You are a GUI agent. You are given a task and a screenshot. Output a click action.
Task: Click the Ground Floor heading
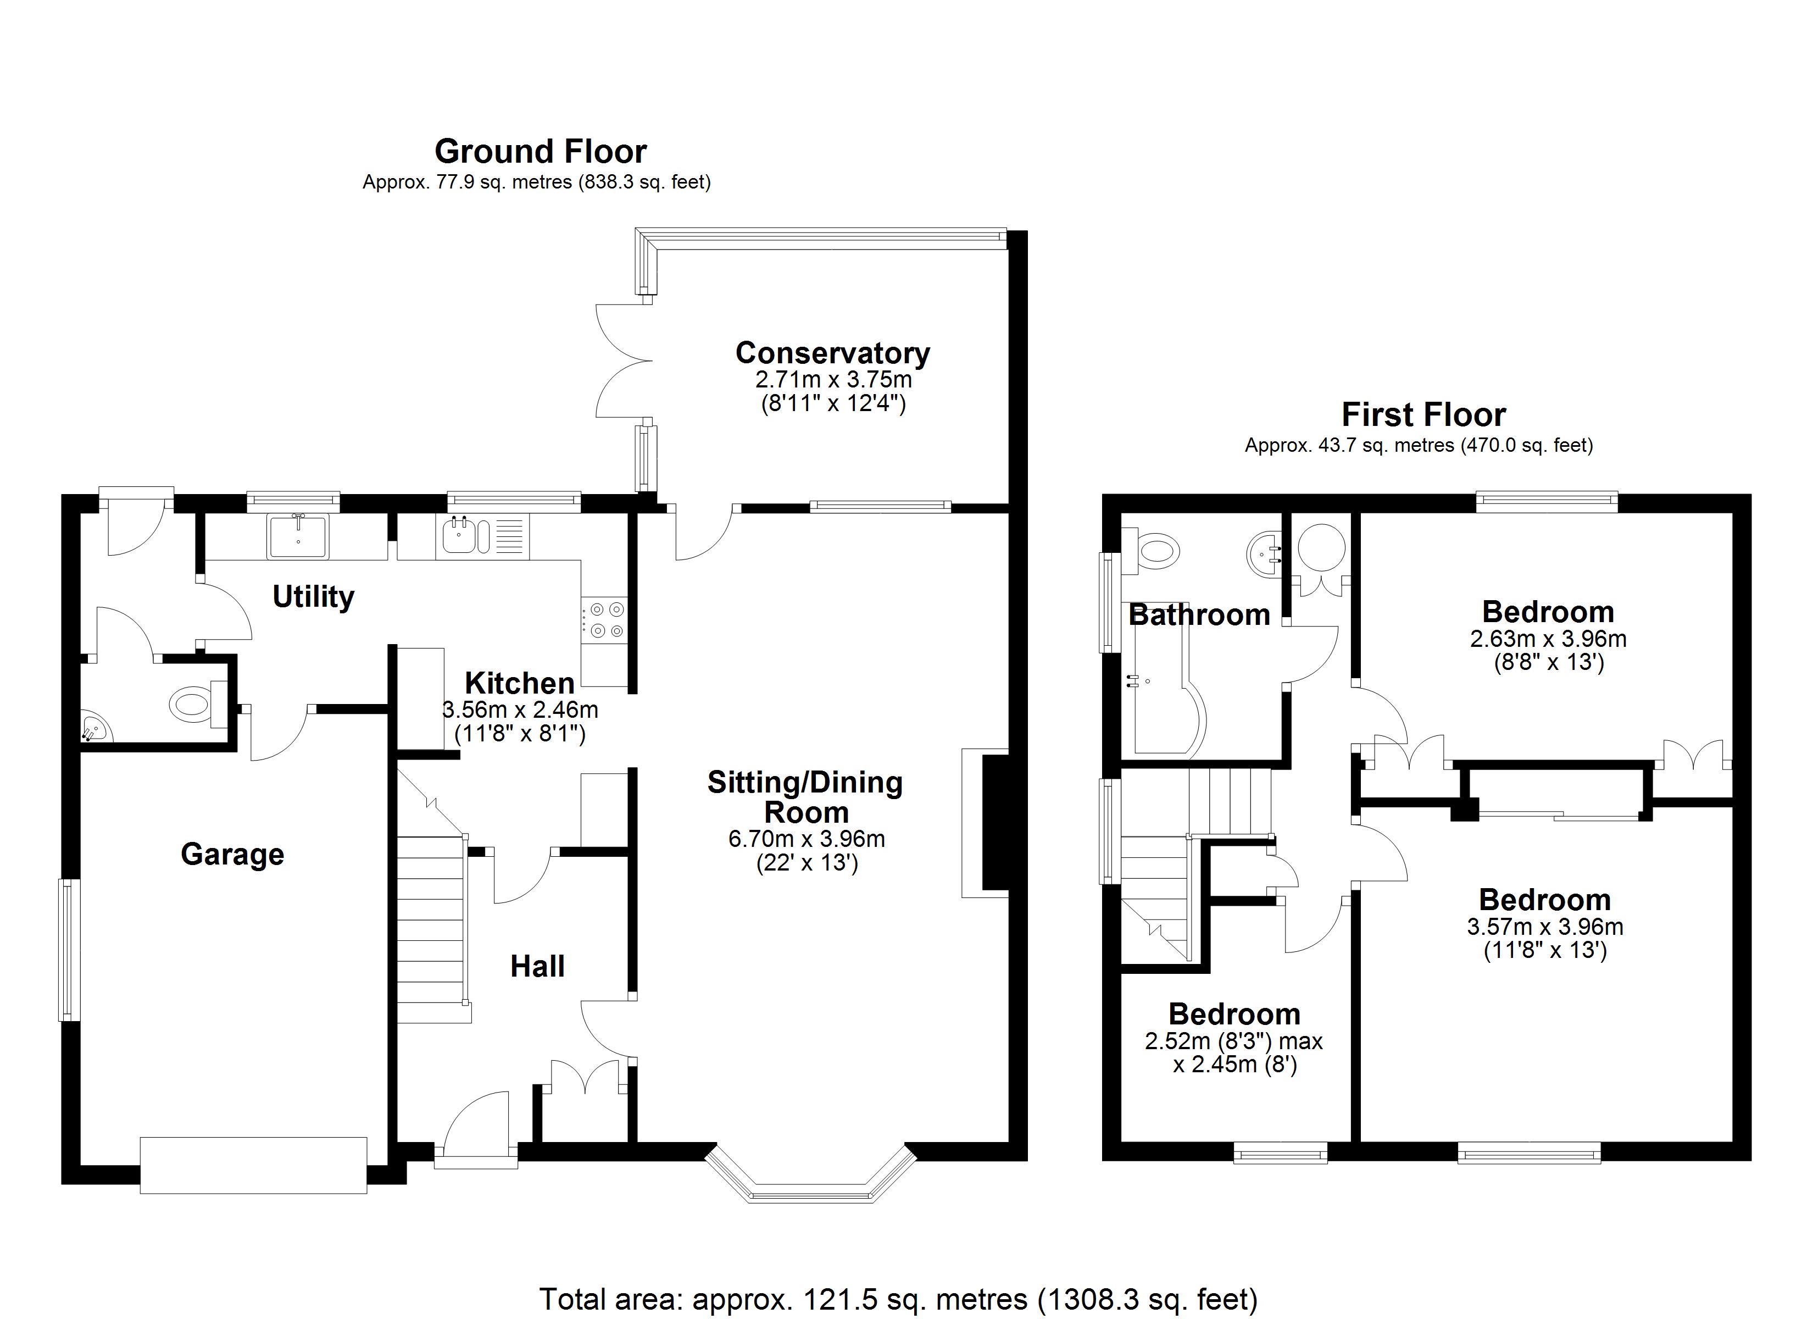(541, 151)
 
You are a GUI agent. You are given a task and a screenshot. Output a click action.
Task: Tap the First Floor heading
(1423, 414)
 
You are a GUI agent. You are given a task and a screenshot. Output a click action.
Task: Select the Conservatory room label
(832, 353)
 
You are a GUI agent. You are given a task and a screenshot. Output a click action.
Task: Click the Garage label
(232, 854)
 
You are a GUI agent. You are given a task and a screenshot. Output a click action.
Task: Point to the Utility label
(313, 597)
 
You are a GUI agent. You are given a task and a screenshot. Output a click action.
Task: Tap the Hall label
(537, 966)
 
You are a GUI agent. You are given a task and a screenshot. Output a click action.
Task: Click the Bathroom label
(1199, 614)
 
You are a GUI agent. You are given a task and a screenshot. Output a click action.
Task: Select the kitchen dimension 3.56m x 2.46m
(520, 710)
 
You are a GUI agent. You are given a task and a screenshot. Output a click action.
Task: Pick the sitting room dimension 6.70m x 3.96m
(806, 839)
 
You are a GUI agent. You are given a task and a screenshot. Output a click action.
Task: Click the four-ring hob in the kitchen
(604, 620)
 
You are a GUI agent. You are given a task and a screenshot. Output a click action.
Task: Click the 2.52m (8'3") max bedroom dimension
(1233, 1041)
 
